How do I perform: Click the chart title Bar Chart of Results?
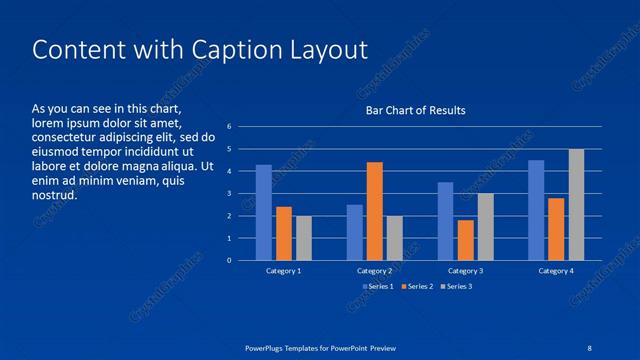[x=414, y=110]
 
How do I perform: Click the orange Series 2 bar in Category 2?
[x=374, y=211]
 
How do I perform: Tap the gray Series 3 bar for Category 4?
[x=576, y=205]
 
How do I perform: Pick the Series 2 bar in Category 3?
[x=465, y=240]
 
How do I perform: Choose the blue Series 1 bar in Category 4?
[x=536, y=210]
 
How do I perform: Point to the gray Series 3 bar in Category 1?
[x=304, y=238]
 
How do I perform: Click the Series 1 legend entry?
[x=376, y=287]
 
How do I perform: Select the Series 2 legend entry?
[x=417, y=287]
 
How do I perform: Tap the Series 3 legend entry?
[x=457, y=287]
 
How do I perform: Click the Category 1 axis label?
[x=284, y=271]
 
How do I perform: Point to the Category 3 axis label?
[x=465, y=271]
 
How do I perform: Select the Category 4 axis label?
[x=556, y=271]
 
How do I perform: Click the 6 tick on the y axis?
[x=230, y=127]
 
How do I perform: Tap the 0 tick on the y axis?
[x=230, y=261]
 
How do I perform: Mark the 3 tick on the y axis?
[x=230, y=194]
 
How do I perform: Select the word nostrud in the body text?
[x=54, y=195]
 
